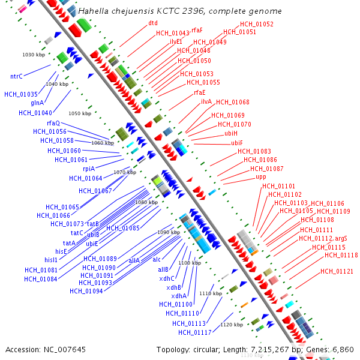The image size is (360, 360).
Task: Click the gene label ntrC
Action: [x=16, y=76]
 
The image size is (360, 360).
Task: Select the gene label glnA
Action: [x=37, y=103]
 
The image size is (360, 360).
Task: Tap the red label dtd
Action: [x=153, y=23]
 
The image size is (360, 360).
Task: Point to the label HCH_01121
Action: [x=337, y=272]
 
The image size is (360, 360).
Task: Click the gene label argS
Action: [x=341, y=239]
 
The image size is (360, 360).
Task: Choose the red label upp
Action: [x=261, y=177]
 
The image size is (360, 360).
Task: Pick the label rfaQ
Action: [x=53, y=123]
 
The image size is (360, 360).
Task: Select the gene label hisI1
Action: [x=51, y=260]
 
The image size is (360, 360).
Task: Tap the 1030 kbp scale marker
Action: [x=34, y=55]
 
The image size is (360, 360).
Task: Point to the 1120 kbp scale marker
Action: [x=232, y=325]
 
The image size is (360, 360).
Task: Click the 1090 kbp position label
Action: [x=169, y=232]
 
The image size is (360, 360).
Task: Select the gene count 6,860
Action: [x=343, y=349]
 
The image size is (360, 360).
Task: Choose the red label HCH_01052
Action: [x=256, y=25]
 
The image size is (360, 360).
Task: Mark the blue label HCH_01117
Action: [x=194, y=332]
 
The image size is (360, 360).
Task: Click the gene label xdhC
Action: [x=166, y=278]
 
